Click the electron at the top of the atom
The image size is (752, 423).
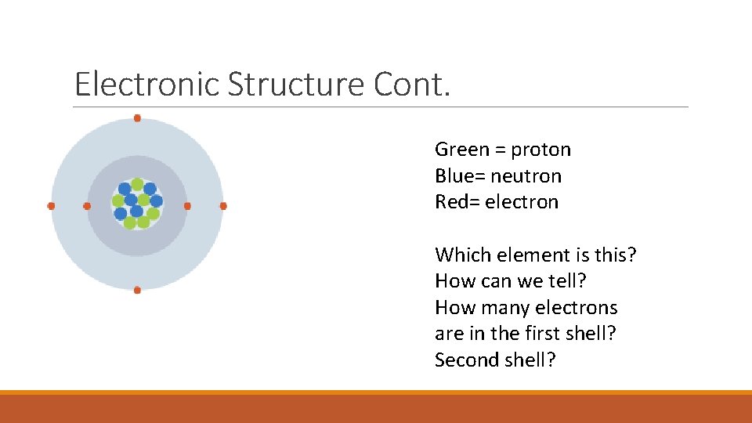pos(137,118)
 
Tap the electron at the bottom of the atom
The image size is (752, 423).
pos(137,290)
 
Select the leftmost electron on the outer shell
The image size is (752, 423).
pos(51,206)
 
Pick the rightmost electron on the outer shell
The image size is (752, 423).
pos(223,206)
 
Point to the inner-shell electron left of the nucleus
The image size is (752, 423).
pos(87,206)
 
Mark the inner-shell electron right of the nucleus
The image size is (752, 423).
pos(187,206)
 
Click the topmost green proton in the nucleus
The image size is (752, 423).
pos(137,184)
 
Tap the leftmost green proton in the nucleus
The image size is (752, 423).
pos(118,201)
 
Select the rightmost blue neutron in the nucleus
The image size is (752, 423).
pos(156,201)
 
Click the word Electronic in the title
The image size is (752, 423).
pos(147,84)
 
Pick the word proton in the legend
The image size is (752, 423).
pos(541,150)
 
